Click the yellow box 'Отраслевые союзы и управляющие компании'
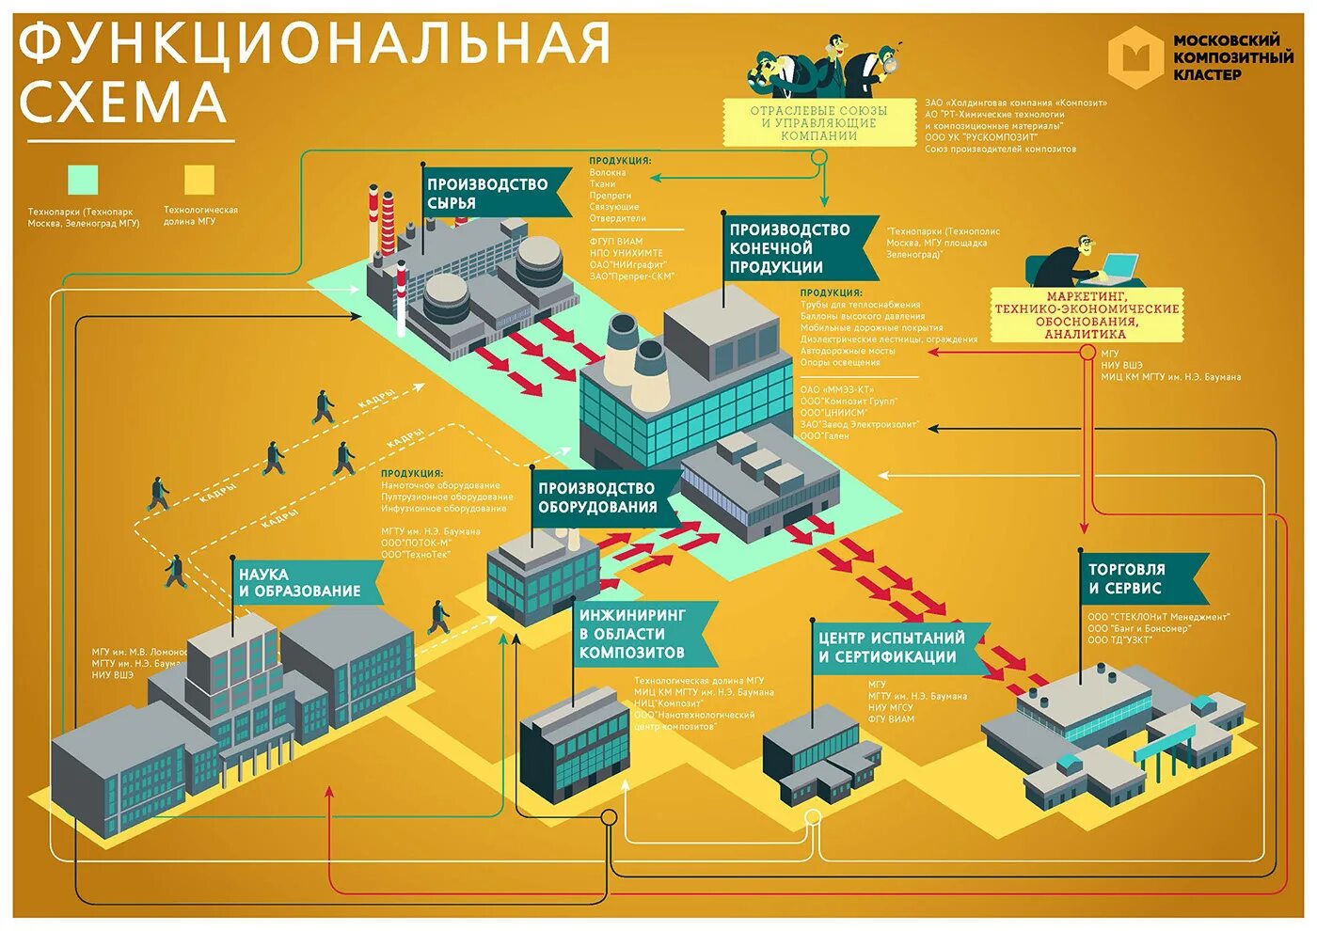(818, 123)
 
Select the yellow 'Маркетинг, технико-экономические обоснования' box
(1086, 315)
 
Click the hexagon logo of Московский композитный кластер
(1136, 57)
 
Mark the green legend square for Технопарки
(83, 179)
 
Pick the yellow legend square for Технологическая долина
(199, 179)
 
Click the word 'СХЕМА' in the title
(123, 103)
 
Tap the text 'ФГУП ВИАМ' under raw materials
(616, 242)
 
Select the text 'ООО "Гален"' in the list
(825, 435)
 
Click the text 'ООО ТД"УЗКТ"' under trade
(1120, 640)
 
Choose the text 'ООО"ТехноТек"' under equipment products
(416, 555)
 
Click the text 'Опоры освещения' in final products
(840, 362)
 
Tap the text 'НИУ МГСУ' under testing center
(890, 707)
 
